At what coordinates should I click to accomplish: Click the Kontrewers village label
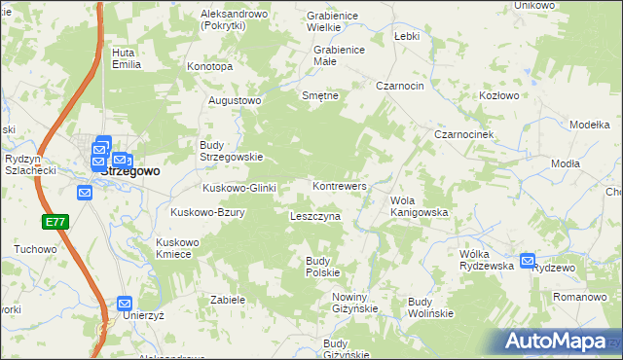tap(340, 185)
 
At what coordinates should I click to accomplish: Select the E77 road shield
tap(55, 223)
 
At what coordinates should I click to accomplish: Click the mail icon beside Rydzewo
tap(528, 261)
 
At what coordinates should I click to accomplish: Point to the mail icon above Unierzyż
tap(125, 303)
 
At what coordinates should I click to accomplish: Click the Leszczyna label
tap(315, 216)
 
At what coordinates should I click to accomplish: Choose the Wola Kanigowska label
tap(419, 206)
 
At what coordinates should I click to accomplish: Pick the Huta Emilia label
tap(127, 58)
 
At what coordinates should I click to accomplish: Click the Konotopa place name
tap(210, 67)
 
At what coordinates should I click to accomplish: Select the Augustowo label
tap(236, 100)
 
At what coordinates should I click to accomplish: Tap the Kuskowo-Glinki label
tap(240, 188)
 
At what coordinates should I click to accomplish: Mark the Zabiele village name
tap(227, 300)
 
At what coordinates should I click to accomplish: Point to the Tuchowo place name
tap(36, 249)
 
